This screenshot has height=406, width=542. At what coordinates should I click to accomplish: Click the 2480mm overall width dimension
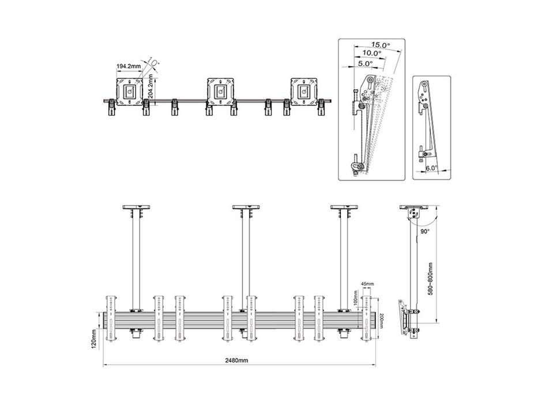pyautogui.click(x=237, y=361)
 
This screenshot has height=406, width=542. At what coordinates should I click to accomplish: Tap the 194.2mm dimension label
pyautogui.click(x=129, y=66)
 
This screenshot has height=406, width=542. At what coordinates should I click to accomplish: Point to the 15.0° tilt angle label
pyautogui.click(x=381, y=44)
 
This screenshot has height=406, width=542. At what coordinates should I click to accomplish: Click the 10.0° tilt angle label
pyautogui.click(x=371, y=53)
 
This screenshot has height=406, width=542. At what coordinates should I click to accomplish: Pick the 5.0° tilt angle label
pyautogui.click(x=365, y=64)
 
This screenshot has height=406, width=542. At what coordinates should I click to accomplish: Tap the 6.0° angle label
pyautogui.click(x=431, y=168)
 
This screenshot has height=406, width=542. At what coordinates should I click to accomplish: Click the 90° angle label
pyautogui.click(x=425, y=232)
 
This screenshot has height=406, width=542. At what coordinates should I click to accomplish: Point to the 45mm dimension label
pyautogui.click(x=367, y=284)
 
